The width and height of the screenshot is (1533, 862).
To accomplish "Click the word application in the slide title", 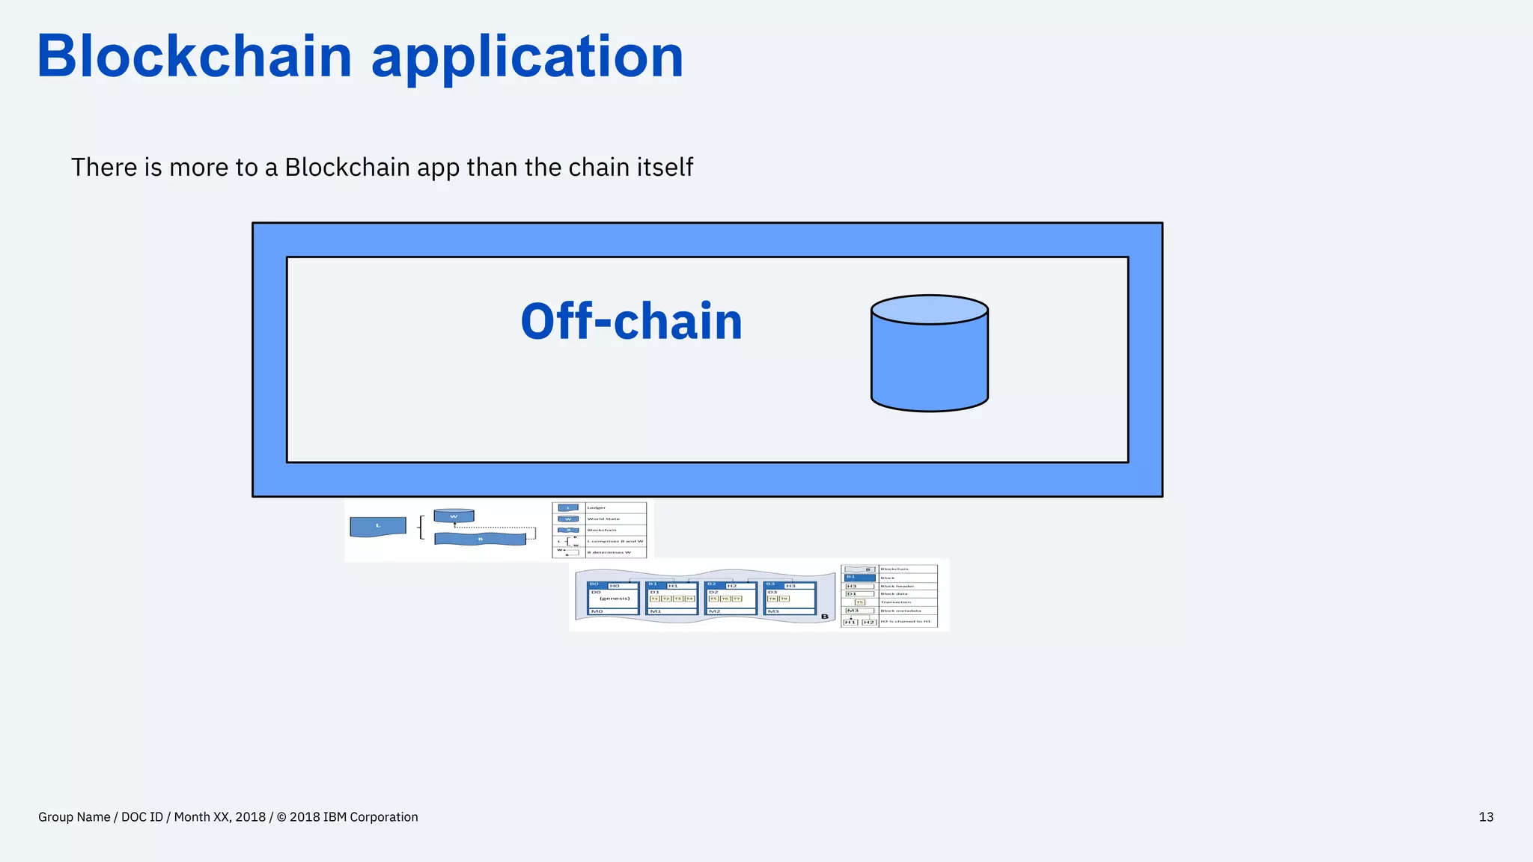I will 527,57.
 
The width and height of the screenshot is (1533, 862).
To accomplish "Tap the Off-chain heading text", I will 631,322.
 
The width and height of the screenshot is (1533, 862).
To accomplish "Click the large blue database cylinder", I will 929,359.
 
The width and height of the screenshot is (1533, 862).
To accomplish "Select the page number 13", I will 1486,817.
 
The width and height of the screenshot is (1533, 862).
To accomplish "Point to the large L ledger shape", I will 378,526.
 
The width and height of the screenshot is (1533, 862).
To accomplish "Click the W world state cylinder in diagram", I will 454,516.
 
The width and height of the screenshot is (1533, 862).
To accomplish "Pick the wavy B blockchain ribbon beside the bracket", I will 480,539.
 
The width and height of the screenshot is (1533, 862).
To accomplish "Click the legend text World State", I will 603,519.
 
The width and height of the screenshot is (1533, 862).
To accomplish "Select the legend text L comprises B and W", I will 615,541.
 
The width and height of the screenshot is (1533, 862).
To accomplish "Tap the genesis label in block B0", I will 615,599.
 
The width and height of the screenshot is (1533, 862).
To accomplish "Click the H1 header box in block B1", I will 673,586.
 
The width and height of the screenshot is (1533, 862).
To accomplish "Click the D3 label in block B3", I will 772,592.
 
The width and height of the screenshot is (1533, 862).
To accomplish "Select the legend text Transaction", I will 895,602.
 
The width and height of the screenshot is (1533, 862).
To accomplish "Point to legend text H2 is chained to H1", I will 905,622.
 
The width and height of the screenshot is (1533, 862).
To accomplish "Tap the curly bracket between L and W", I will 421,527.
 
